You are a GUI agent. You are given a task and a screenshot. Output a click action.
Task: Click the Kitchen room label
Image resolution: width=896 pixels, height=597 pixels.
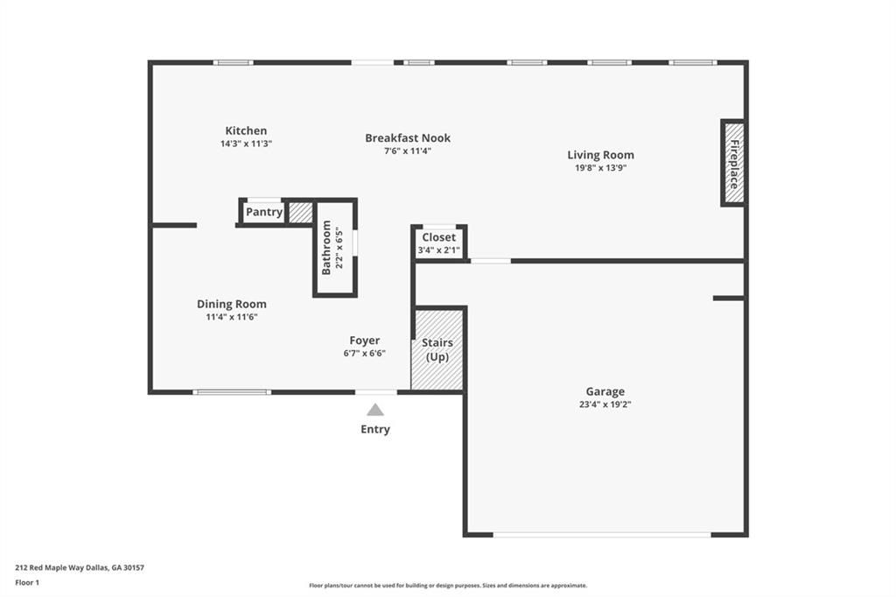[246, 130]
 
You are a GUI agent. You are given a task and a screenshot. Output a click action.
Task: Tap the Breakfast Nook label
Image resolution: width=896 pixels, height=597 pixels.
[408, 137]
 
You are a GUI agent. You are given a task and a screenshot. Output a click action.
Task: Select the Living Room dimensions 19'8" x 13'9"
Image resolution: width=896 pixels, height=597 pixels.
[600, 168]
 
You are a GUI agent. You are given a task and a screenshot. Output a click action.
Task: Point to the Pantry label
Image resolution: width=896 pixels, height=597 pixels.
[263, 212]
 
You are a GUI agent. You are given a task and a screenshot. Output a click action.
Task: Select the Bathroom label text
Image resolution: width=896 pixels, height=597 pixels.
[326, 248]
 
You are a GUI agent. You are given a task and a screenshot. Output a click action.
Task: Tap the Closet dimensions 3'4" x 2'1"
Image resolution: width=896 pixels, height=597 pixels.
[439, 249]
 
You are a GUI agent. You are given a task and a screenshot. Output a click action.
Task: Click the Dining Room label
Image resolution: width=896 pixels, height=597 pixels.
[231, 305]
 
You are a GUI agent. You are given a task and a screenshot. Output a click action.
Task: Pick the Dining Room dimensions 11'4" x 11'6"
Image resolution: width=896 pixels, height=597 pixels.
[231, 318]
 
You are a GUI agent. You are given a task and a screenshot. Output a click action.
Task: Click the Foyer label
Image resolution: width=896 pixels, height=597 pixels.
[365, 341]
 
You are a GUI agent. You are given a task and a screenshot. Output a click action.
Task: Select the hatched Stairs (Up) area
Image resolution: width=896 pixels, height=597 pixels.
[437, 350]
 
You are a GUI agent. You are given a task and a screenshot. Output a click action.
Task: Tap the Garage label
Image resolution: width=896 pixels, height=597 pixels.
[605, 391]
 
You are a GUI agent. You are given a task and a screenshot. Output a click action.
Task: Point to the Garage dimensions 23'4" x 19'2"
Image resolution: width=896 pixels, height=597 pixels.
[605, 405]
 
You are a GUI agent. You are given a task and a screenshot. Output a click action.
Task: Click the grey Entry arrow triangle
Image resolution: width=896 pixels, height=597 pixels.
[374, 410]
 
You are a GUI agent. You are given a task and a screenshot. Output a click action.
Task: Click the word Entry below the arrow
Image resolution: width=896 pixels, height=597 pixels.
[374, 430]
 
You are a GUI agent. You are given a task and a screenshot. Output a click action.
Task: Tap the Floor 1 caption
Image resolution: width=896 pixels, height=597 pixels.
[27, 583]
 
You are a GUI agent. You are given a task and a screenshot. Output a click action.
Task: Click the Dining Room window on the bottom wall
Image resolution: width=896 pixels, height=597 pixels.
[232, 392]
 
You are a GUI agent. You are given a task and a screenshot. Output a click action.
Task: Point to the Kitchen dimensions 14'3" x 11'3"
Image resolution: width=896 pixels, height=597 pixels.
[246, 144]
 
